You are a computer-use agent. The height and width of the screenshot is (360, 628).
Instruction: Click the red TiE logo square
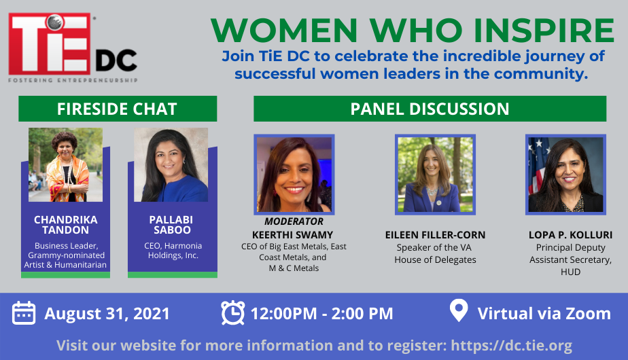50,43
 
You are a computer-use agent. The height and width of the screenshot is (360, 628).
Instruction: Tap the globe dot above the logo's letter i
54,22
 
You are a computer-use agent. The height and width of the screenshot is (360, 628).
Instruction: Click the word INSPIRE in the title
544,31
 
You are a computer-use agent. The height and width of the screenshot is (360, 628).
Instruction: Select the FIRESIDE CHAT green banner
118,109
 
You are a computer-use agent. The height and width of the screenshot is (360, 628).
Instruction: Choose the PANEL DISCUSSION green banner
430,109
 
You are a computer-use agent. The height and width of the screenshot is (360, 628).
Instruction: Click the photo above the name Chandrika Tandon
66,164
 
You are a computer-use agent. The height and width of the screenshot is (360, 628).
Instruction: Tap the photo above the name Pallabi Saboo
171,164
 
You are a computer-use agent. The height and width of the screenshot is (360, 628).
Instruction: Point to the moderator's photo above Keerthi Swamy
294,174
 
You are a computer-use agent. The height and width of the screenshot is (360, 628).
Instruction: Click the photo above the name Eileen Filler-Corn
436,174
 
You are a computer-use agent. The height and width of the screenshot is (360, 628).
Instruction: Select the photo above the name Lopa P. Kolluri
565,174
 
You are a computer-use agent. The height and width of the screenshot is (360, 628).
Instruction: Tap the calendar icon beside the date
24,313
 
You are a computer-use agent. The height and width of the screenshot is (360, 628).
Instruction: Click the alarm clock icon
232,312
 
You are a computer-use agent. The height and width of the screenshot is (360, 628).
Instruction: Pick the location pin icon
459,310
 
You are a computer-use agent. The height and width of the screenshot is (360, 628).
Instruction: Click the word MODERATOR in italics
294,221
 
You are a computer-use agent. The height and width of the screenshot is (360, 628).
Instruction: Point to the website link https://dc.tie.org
512,345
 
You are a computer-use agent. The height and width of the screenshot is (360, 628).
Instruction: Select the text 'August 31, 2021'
107,314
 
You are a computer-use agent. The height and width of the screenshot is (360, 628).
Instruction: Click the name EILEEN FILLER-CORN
436,235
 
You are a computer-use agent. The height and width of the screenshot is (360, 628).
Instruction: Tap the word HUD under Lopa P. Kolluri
570,272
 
